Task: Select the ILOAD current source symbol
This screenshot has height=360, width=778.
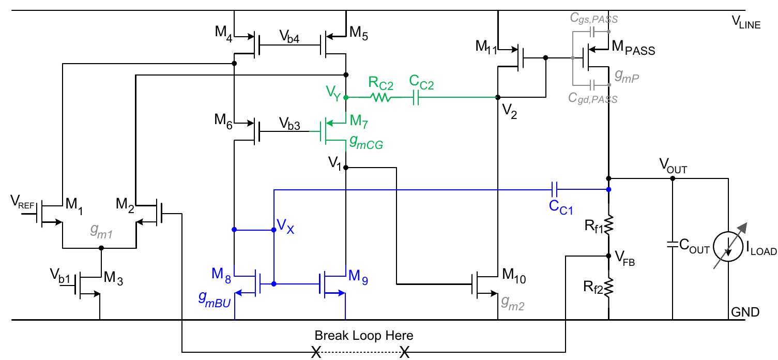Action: [728, 250]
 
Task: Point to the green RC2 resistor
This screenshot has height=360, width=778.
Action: [382, 97]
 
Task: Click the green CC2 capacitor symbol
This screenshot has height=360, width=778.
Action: [417, 97]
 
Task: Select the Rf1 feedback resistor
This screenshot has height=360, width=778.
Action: [609, 224]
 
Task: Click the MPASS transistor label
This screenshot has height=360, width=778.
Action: [634, 50]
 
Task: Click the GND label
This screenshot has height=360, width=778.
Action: [745, 312]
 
